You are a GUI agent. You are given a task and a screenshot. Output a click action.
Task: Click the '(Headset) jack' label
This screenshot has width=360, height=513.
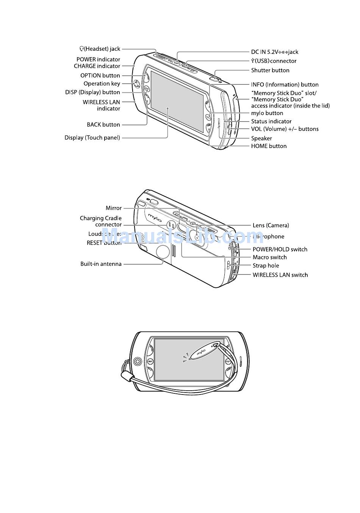click(x=100, y=49)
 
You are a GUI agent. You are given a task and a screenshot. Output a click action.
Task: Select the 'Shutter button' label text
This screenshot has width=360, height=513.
click(x=270, y=70)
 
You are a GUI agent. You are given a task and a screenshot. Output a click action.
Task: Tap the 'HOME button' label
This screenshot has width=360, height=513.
click(x=269, y=146)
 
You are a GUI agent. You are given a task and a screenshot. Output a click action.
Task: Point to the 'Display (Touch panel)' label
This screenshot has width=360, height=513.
click(x=92, y=138)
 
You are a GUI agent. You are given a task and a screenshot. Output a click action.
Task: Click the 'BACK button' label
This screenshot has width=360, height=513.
click(x=103, y=125)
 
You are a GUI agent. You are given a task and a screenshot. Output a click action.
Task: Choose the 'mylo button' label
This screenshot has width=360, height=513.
click(x=267, y=113)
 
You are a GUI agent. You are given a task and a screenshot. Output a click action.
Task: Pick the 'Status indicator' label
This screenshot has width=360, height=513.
click(x=271, y=122)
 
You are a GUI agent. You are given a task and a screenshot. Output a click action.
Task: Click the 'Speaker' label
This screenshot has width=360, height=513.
click(x=261, y=138)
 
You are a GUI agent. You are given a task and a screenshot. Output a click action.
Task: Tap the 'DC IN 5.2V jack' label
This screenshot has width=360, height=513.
click(x=274, y=52)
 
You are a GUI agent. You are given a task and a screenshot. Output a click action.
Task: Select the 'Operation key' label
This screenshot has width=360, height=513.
click(x=102, y=84)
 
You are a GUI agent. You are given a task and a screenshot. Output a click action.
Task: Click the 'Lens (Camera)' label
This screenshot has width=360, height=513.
click(x=271, y=226)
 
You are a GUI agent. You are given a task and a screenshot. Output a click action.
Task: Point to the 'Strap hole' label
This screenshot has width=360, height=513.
click(x=266, y=266)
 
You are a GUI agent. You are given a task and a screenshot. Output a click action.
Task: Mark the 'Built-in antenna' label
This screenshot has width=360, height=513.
click(x=101, y=264)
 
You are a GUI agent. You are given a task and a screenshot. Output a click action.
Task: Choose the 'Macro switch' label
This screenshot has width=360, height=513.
click(x=269, y=257)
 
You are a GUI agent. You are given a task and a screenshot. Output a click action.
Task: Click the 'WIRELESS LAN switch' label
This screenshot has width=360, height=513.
click(x=280, y=275)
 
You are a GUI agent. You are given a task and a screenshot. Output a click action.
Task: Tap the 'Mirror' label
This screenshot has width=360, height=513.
click(x=114, y=208)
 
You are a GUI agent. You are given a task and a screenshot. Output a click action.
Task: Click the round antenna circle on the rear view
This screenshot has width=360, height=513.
click(x=163, y=251)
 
